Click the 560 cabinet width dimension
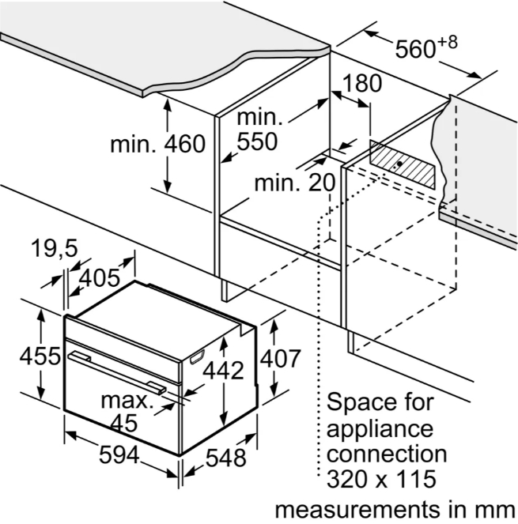[416, 50]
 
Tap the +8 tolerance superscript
[447, 43]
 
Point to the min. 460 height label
[158, 144]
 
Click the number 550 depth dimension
[257, 141]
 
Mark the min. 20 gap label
[295, 183]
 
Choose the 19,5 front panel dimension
[55, 249]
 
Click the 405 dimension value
[100, 277]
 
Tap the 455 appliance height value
[40, 356]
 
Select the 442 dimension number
[224, 371]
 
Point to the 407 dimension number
[280, 359]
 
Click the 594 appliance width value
[119, 454]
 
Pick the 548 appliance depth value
[225, 458]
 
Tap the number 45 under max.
[123, 423]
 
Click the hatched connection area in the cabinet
[403, 164]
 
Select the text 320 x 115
[381, 479]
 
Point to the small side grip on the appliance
[197, 356]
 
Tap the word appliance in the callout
[380, 428]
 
